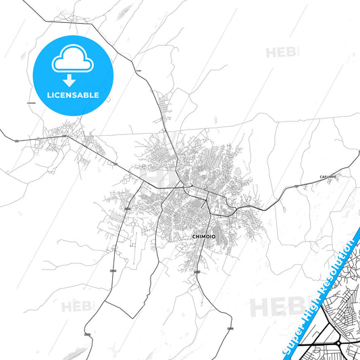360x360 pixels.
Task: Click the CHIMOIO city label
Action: pos(204,237)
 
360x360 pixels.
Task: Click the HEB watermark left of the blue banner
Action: pos(274,307)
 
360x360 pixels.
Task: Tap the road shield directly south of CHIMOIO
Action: pos(197,272)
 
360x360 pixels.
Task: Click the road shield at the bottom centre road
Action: pos(230,328)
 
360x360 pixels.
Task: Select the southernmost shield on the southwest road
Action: pos(87,334)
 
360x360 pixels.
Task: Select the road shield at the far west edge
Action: pos(16,140)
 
